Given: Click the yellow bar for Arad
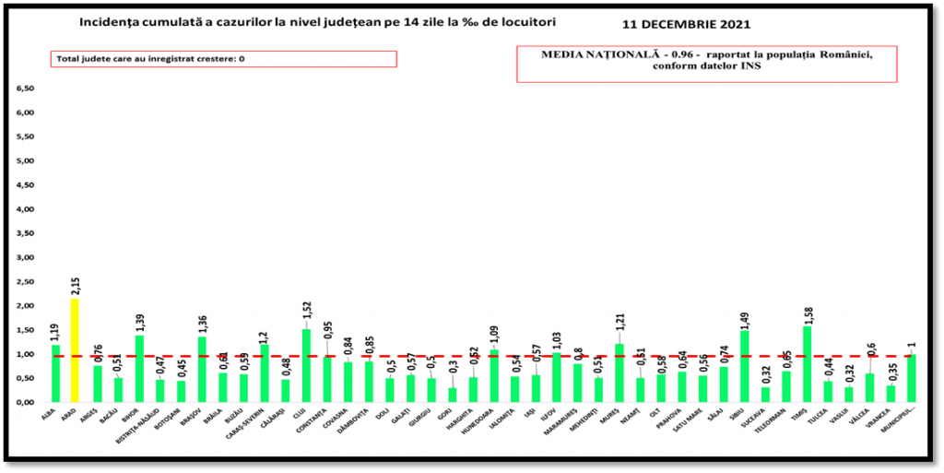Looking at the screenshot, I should coord(77,350).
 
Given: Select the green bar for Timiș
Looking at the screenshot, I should coord(808,364).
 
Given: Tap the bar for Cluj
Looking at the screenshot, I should coord(306,366).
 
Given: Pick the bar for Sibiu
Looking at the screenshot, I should coord(745,367).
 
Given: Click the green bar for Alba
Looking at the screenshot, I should coord(55,374).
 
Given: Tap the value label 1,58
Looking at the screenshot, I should coord(808,310).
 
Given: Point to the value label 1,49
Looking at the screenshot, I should coord(745,314).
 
